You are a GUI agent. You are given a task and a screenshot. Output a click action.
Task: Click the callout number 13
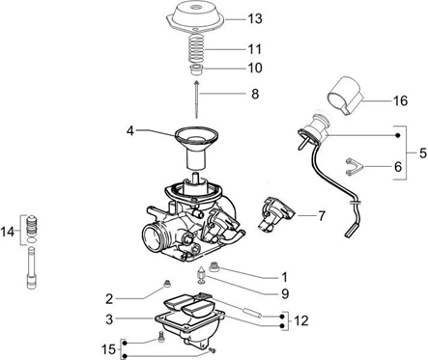255,19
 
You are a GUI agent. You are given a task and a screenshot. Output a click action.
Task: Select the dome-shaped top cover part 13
196,16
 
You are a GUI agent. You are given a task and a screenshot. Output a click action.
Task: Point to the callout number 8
255,95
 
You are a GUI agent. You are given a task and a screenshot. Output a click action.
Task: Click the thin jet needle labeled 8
196,99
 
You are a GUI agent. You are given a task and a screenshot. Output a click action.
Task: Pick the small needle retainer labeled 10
196,69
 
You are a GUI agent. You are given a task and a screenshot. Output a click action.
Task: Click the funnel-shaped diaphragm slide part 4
196,147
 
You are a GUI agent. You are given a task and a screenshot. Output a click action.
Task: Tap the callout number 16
400,101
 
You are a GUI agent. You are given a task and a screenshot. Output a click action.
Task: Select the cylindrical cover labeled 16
346,95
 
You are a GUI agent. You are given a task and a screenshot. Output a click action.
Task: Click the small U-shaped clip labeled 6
355,167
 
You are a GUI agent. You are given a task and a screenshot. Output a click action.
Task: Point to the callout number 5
423,153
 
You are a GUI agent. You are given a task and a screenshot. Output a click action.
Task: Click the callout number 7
322,216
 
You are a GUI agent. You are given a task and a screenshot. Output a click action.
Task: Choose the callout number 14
8,232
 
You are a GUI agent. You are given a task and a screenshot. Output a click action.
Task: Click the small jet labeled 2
167,284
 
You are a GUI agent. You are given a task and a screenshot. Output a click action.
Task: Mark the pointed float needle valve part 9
201,276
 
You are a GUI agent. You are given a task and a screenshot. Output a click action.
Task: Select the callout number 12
300,320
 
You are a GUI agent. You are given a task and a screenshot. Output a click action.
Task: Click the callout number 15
108,349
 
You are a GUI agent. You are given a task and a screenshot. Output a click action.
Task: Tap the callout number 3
109,319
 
